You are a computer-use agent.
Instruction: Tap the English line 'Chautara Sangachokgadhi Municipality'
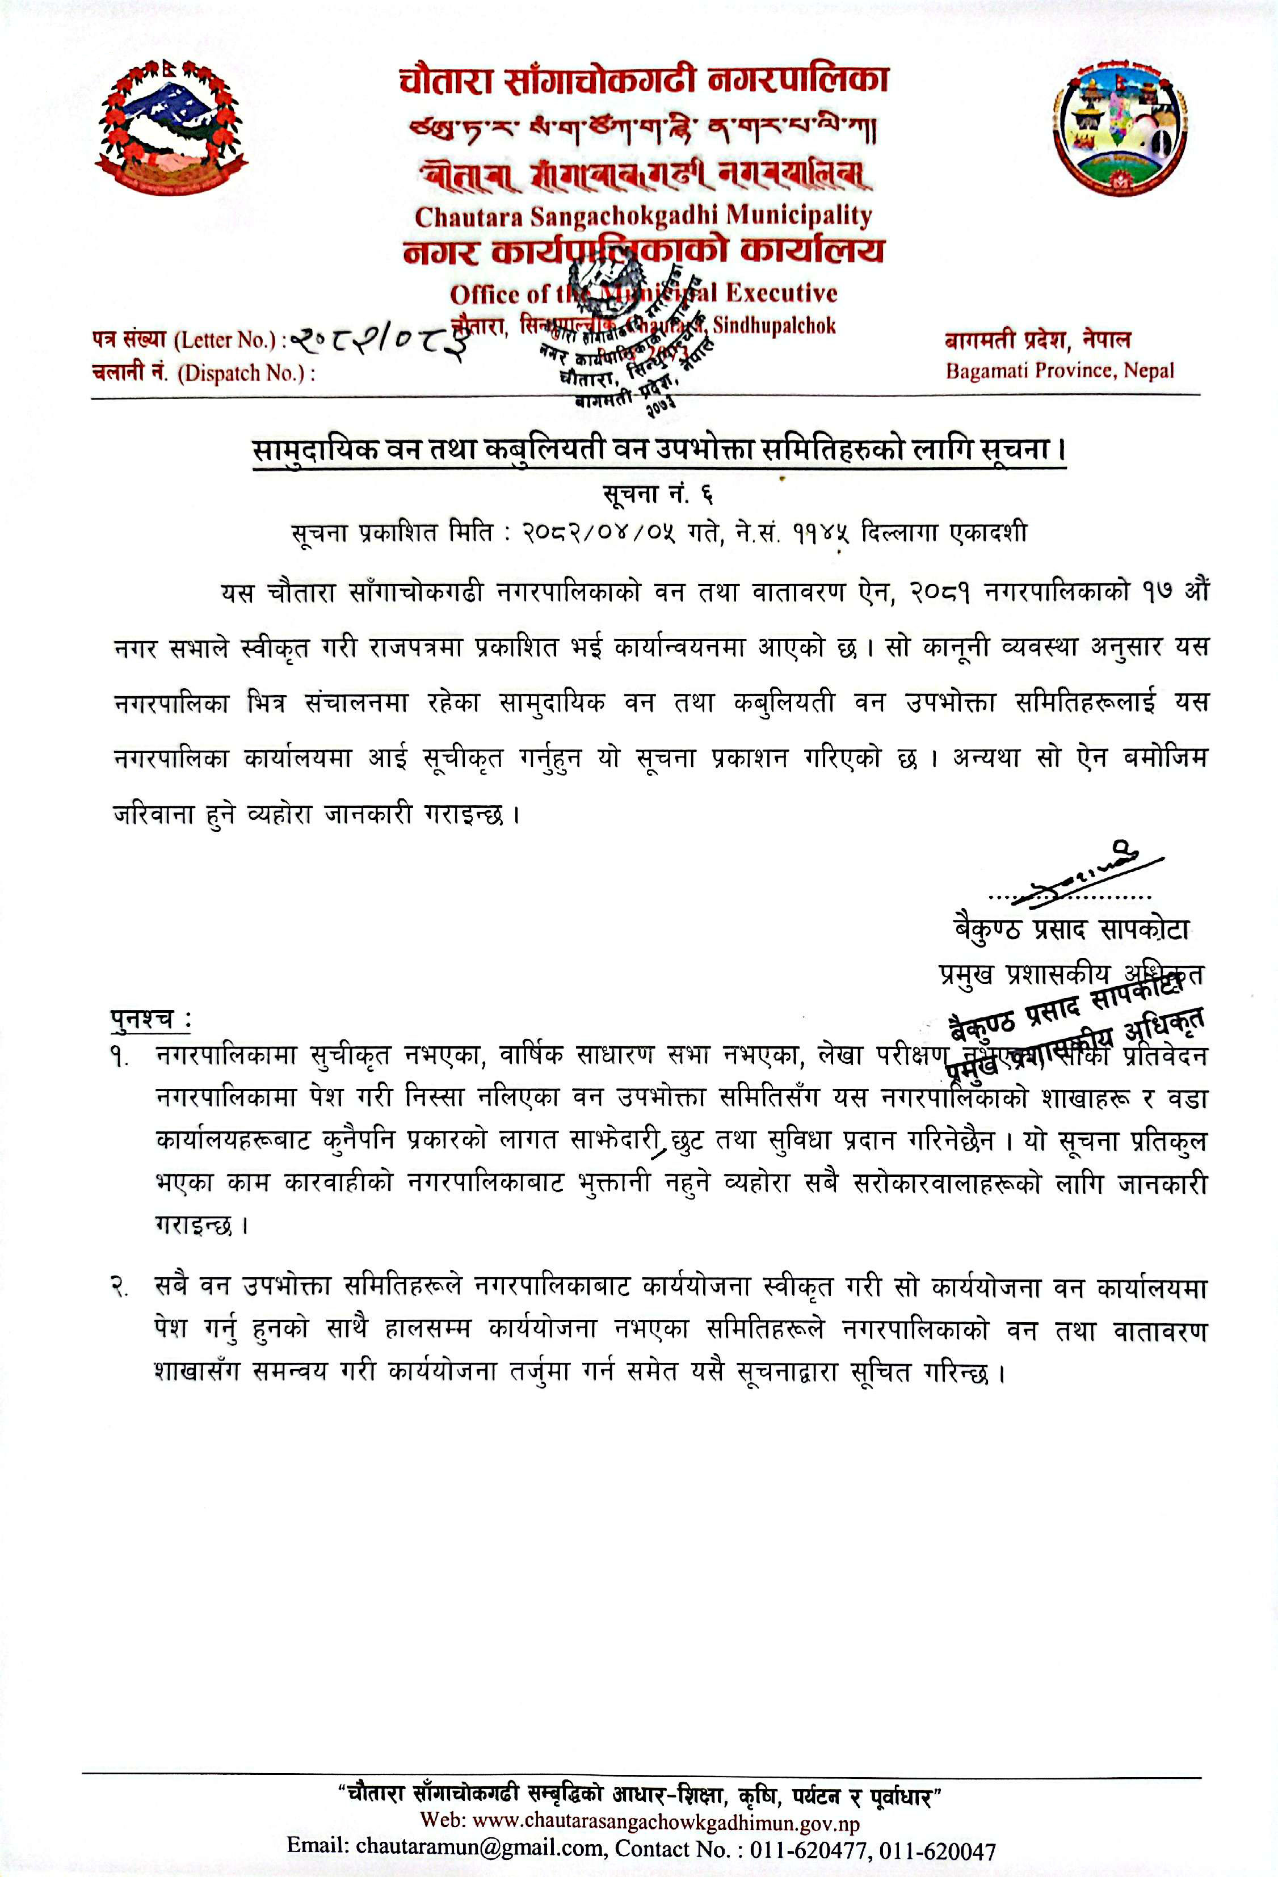tap(643, 216)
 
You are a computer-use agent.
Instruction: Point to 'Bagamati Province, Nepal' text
tap(1060, 372)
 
